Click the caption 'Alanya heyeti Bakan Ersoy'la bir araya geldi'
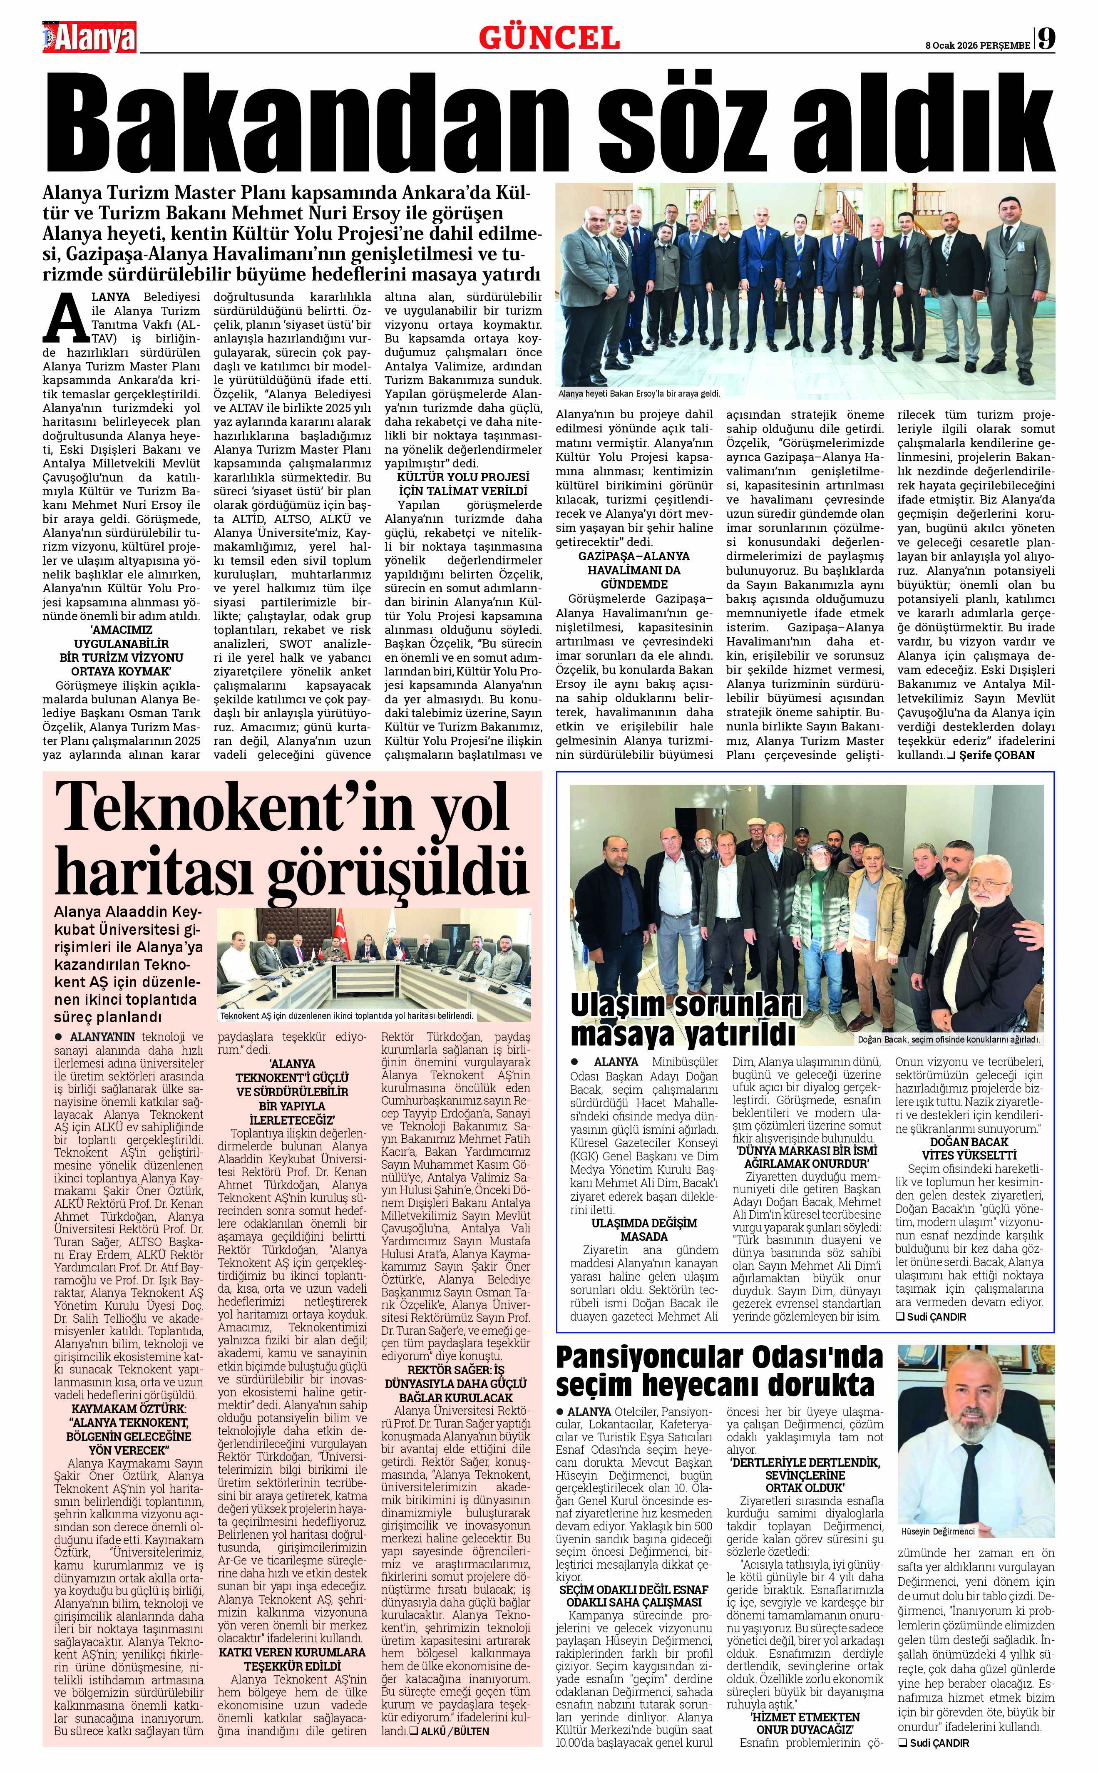pos(639,394)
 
